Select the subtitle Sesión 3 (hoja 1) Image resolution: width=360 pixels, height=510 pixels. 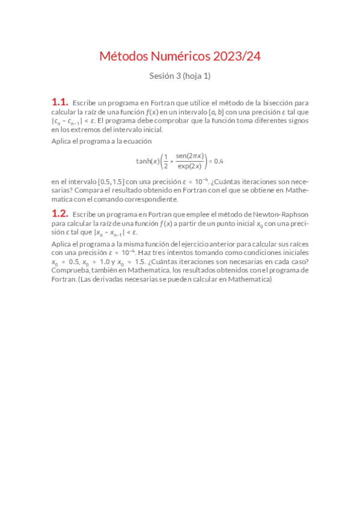(x=180, y=76)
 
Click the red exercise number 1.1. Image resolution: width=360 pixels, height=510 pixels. (x=59, y=103)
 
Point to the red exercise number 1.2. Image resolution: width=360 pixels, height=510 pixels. (x=59, y=214)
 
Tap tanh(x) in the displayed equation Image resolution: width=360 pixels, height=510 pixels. (x=148, y=161)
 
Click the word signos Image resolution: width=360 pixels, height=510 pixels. (x=296, y=120)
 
